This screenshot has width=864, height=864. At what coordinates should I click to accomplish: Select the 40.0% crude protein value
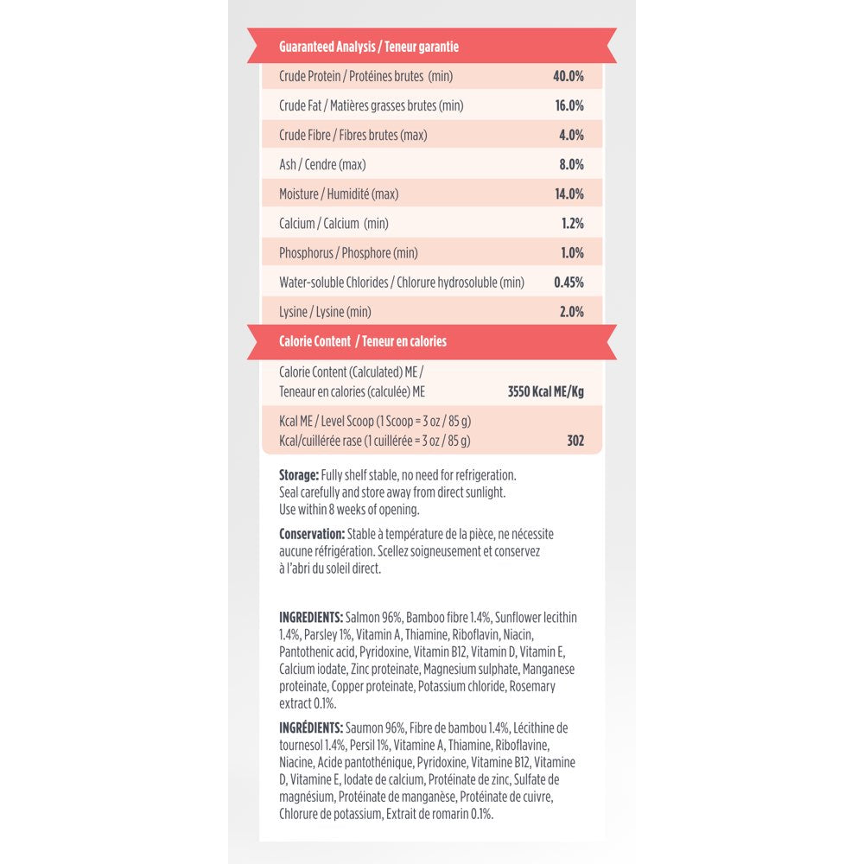point(569,76)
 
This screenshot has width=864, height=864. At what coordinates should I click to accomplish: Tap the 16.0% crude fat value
point(569,105)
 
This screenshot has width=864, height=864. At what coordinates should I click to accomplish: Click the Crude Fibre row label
point(353,135)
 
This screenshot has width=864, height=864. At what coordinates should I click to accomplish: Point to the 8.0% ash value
point(570,164)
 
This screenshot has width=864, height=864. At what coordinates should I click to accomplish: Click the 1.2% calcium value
point(572,223)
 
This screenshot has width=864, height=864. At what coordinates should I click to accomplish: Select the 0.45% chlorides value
point(569,283)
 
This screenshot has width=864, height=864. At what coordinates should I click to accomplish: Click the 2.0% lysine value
point(571,312)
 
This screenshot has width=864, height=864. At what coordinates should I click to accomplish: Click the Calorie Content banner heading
point(363,341)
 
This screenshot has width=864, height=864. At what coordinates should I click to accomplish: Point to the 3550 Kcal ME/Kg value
point(545,391)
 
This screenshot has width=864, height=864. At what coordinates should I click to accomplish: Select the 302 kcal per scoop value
point(575,441)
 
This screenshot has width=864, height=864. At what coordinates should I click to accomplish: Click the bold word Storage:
point(299,475)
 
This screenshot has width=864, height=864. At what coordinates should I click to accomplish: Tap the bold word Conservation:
point(311,534)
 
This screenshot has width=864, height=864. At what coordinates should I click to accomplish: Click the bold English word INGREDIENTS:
point(311,618)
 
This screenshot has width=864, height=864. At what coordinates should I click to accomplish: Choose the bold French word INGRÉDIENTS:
point(311,728)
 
